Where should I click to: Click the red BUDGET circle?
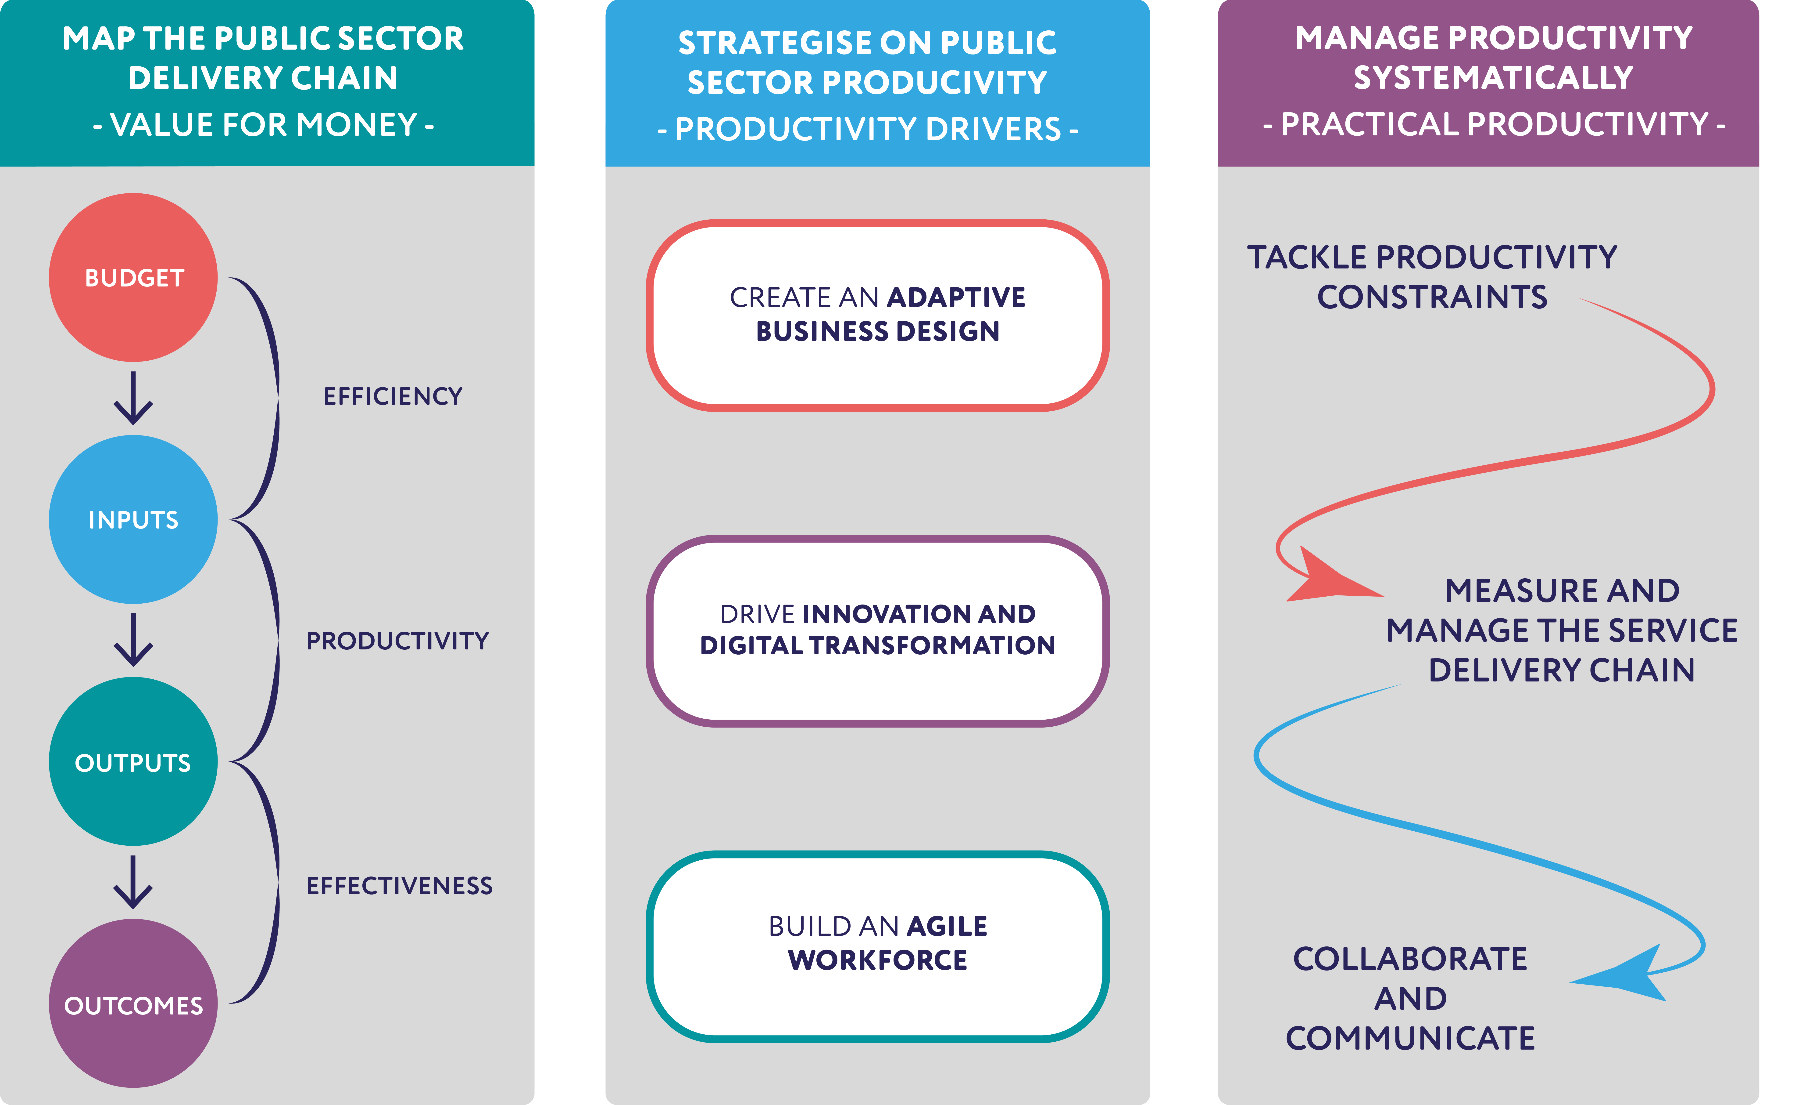(133, 278)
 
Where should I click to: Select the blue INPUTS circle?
(133, 520)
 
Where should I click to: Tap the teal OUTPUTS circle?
(133, 762)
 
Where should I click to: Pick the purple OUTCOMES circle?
(133, 1004)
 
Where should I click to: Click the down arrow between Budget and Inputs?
(133, 398)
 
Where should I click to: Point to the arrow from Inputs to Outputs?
(133, 641)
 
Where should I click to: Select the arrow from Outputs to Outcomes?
(133, 883)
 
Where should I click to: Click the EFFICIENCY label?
(393, 397)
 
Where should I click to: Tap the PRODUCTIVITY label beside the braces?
(397, 641)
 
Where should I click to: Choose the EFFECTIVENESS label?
(400, 886)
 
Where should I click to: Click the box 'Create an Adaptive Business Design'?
(878, 315)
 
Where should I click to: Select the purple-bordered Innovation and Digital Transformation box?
(878, 631)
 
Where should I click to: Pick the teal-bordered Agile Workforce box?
(878, 947)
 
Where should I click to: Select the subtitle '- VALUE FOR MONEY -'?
(263, 125)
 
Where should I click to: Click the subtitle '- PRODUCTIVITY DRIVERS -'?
(868, 130)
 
